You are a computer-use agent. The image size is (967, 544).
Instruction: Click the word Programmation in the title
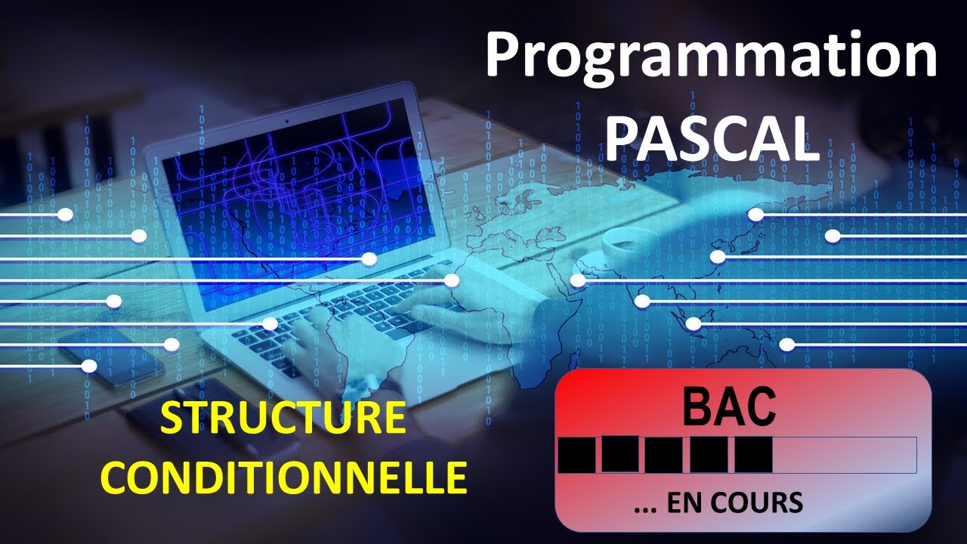710,57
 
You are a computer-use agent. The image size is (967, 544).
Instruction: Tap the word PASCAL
712,138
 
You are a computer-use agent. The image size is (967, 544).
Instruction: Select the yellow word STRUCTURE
283,419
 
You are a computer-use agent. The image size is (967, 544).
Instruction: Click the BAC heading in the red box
729,406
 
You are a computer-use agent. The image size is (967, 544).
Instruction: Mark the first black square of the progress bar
576,454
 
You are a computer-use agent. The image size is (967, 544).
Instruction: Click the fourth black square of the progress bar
709,454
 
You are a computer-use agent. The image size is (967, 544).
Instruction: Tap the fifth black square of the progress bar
753,454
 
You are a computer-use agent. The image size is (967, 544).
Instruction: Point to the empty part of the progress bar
844,454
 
